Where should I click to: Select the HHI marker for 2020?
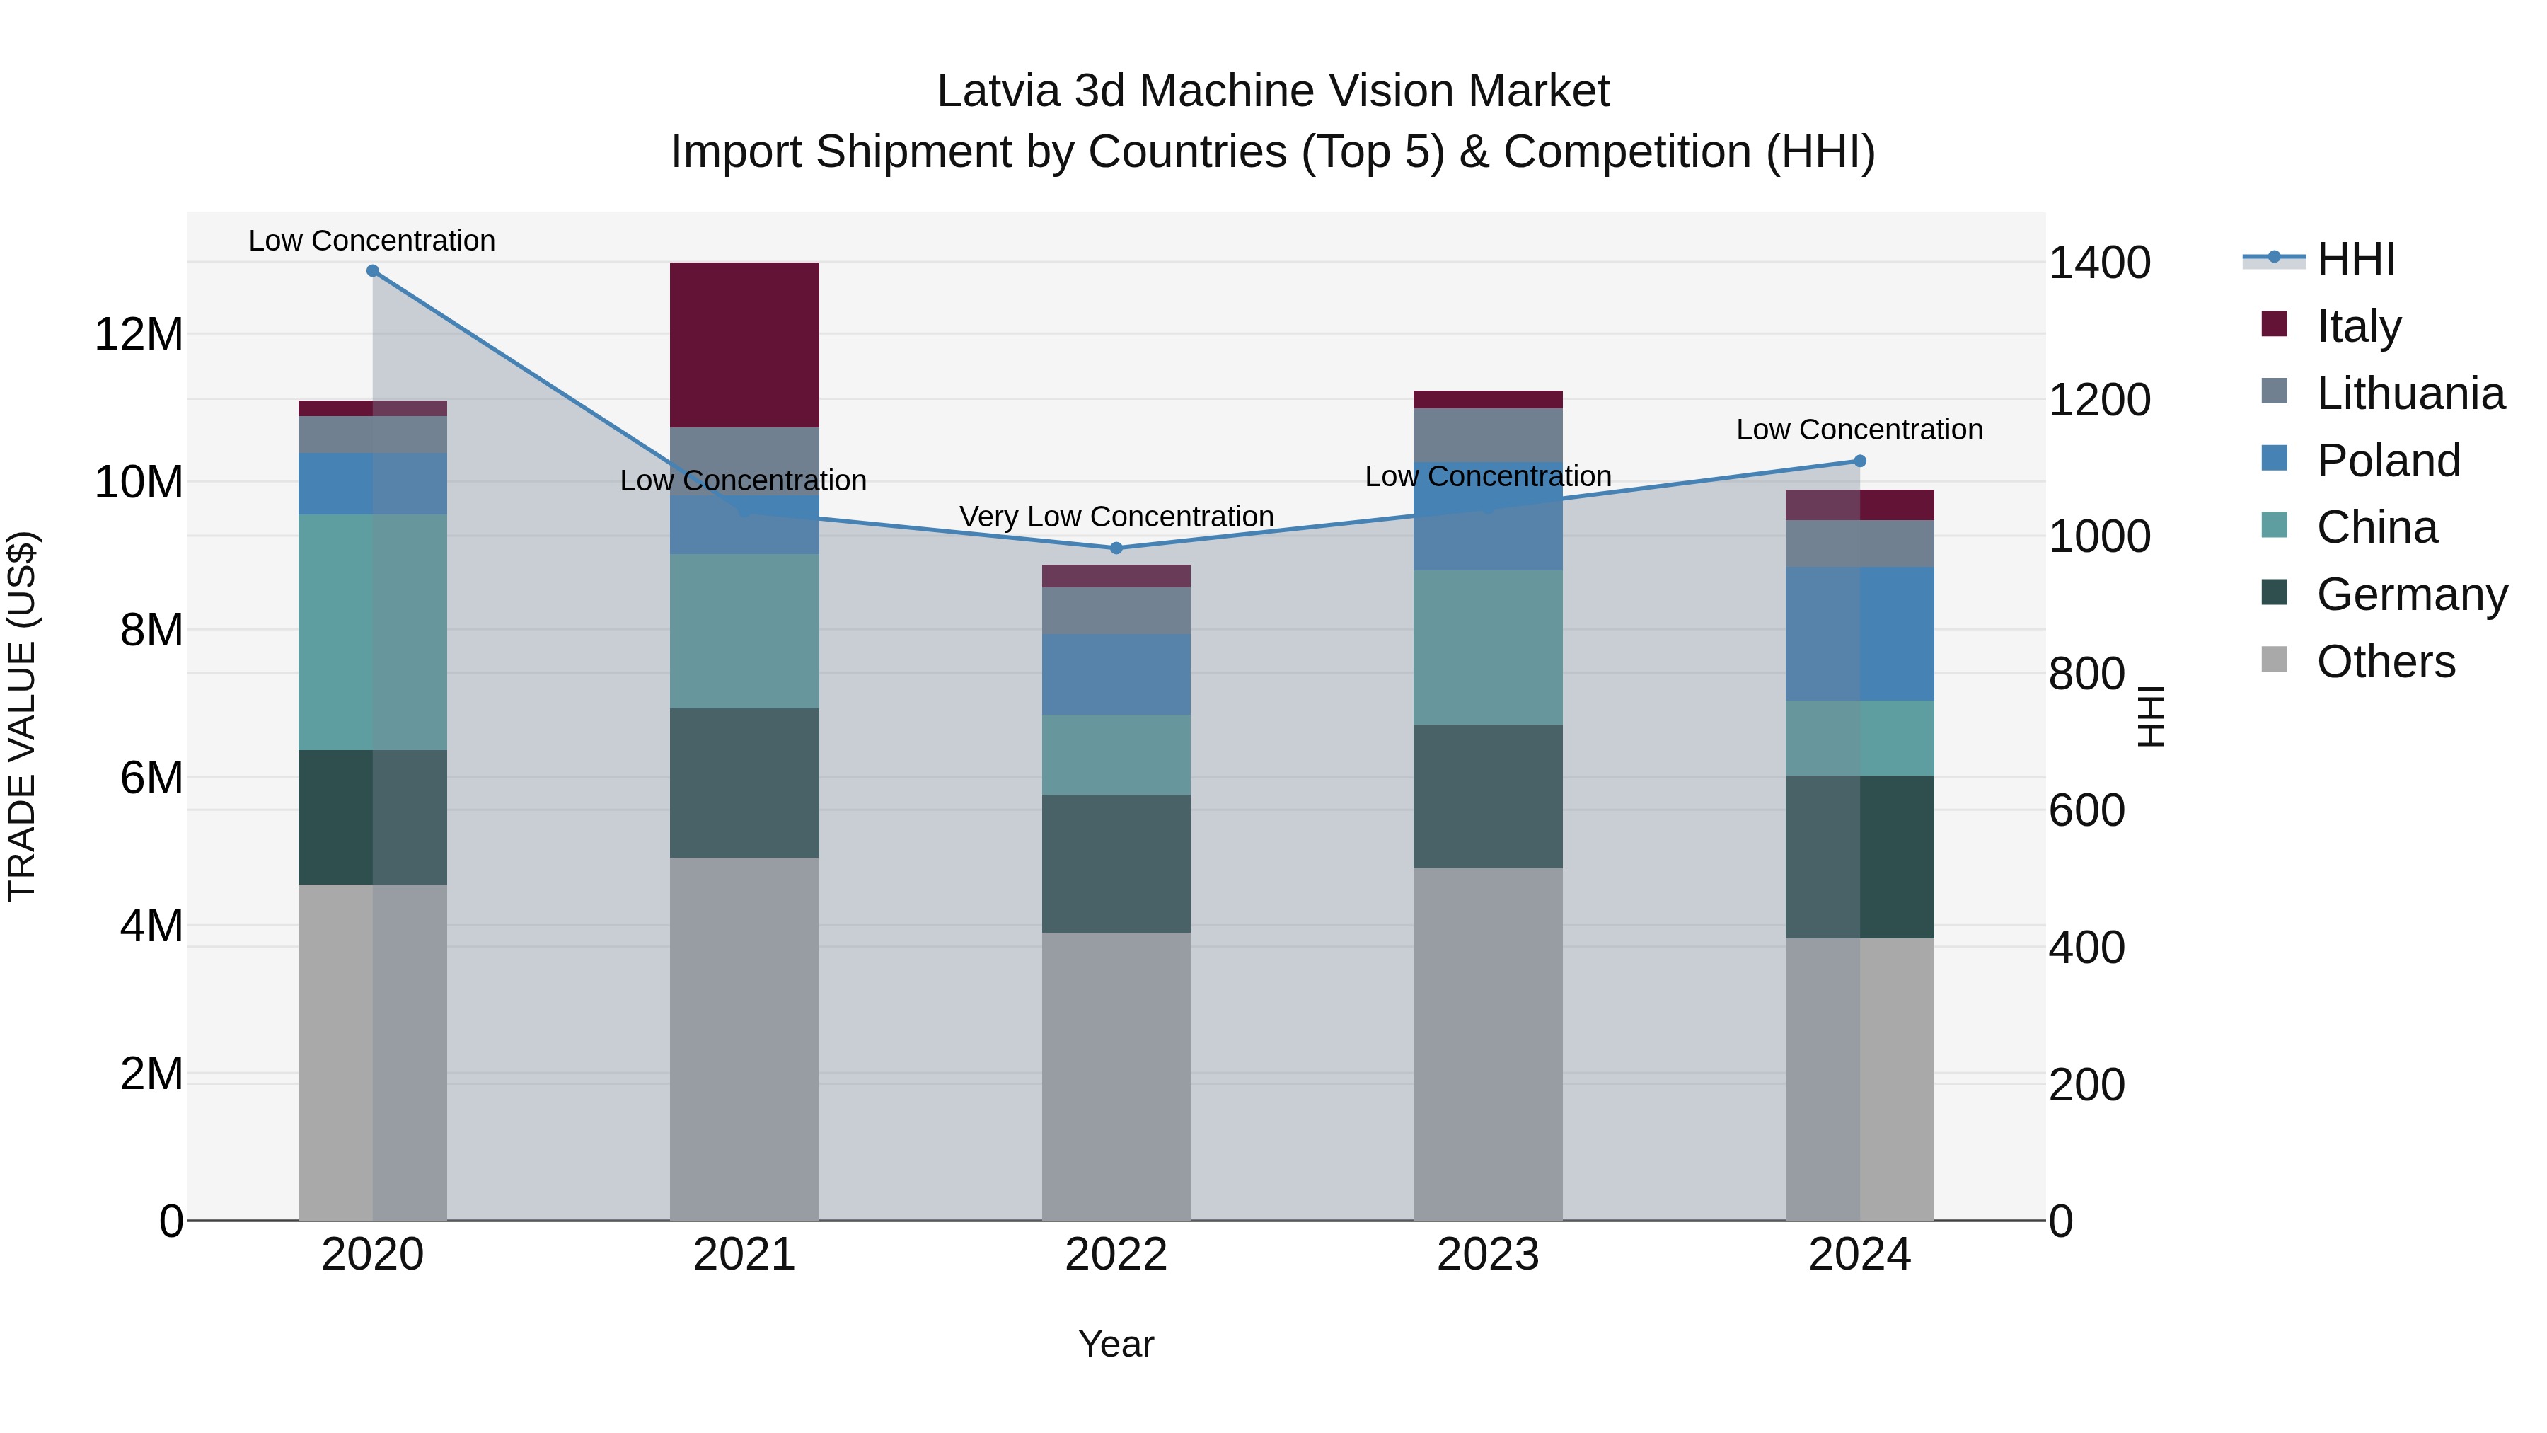tap(373, 271)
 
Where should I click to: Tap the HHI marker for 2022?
tap(1116, 548)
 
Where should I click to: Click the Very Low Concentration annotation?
tap(1116, 517)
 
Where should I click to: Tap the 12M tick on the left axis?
tap(139, 334)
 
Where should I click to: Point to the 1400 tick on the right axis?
tap(2098, 263)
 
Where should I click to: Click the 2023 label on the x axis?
tap(1487, 1255)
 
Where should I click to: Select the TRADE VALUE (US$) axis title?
tap(22, 716)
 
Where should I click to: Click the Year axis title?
tap(1116, 1344)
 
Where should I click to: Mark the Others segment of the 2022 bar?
tap(1116, 1076)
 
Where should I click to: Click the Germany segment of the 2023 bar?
tap(1487, 796)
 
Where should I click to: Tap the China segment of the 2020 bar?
tap(373, 632)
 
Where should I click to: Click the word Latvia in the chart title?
tap(998, 91)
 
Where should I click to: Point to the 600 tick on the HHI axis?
tap(2086, 811)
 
